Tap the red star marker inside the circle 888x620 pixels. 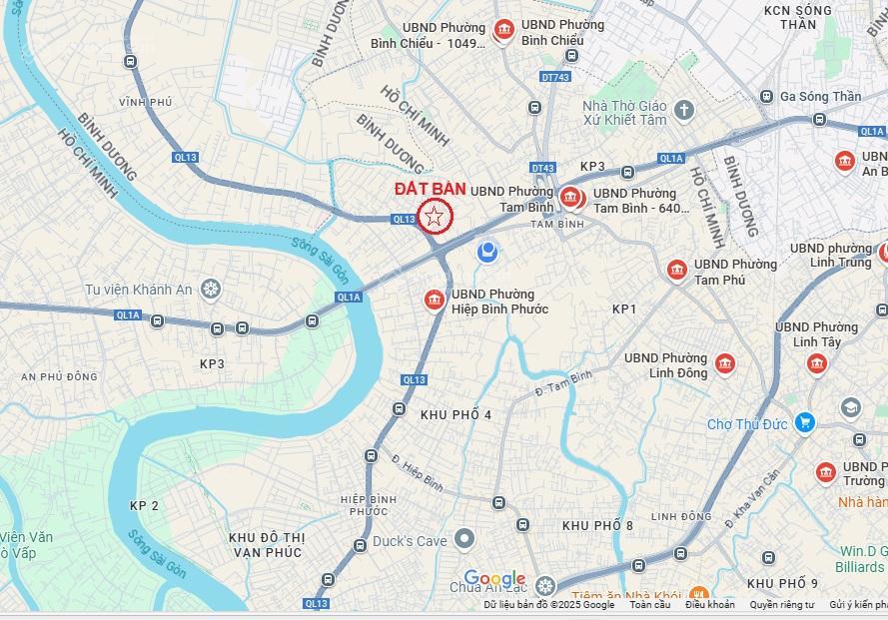[435, 216]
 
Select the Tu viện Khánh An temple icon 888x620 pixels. [211, 290]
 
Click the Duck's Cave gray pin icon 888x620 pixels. [463, 540]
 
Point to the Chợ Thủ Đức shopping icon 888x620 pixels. [804, 423]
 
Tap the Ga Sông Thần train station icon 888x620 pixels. [766, 96]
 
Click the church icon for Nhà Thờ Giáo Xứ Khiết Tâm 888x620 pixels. [684, 109]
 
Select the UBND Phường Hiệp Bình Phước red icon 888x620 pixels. [434, 299]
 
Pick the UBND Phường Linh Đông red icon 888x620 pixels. [725, 363]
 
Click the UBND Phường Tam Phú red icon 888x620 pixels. [677, 270]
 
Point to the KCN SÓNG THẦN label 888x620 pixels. [797, 17]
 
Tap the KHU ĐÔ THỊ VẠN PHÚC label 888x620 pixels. [266, 544]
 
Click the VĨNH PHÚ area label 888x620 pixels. [145, 102]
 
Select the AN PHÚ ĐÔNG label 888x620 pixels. [60, 376]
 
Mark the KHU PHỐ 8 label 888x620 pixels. [597, 525]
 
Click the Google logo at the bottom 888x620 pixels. [494, 579]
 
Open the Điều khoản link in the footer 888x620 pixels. [709, 605]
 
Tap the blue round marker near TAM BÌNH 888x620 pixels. [487, 250]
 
